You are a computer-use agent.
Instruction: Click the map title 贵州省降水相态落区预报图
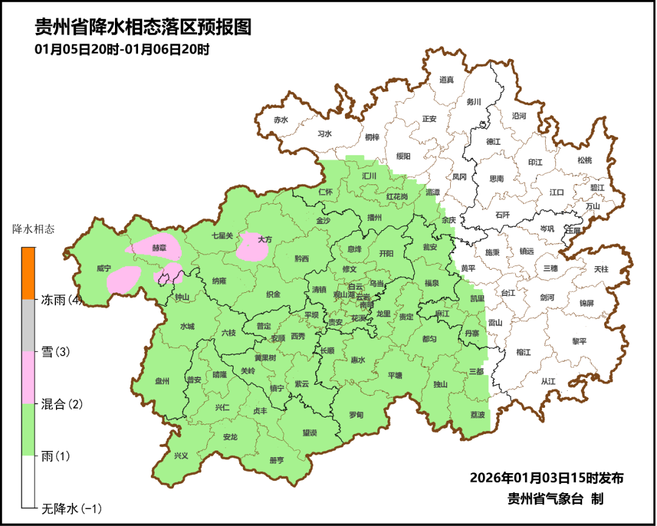143,28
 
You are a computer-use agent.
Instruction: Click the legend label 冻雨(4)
61,300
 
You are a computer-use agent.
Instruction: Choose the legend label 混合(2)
61,404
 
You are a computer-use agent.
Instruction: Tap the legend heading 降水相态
33,230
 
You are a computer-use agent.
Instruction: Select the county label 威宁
104,268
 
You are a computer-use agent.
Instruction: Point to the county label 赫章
159,248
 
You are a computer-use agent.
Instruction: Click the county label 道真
447,79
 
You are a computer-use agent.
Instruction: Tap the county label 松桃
584,160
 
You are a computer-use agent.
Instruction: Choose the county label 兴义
181,455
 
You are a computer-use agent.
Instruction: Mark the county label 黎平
579,341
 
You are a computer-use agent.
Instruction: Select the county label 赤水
280,120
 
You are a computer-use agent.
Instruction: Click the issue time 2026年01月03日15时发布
546,478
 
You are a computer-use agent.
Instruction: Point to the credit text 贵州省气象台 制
555,499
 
